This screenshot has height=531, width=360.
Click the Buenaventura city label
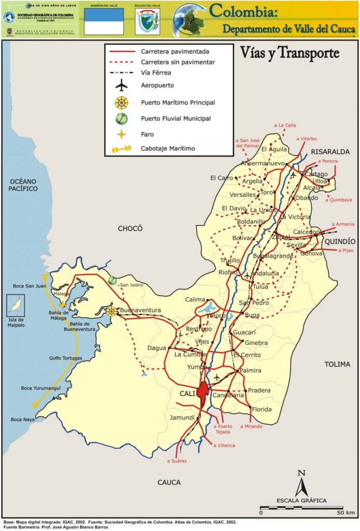(141, 311)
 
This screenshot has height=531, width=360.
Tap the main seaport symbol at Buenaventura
(111, 312)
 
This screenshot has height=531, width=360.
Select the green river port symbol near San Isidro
(113, 281)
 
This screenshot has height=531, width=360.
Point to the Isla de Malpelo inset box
(15, 305)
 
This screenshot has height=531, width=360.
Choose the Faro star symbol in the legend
(122, 134)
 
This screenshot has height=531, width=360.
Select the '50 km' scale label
(347, 513)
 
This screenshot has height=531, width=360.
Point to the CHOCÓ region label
(130, 228)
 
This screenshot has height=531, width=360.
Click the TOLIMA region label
(337, 364)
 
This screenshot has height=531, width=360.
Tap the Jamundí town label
(182, 417)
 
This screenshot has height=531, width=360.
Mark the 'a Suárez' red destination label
(176, 460)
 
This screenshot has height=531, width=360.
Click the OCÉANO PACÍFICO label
(23, 185)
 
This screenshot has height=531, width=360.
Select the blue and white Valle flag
(104, 22)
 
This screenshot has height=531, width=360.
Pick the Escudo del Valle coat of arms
(147, 23)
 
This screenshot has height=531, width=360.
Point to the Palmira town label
(250, 371)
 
